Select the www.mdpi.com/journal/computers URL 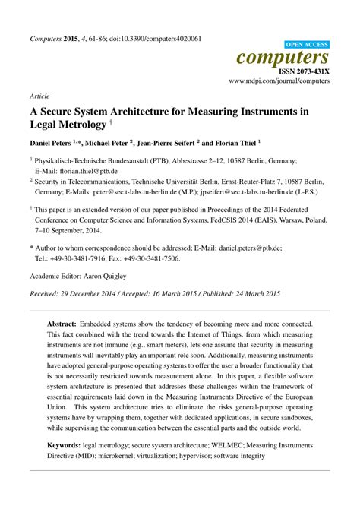(x=279, y=79)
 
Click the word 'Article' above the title (x=39, y=97)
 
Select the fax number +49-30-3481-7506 (x=159, y=258)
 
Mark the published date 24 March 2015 (x=253, y=293)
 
